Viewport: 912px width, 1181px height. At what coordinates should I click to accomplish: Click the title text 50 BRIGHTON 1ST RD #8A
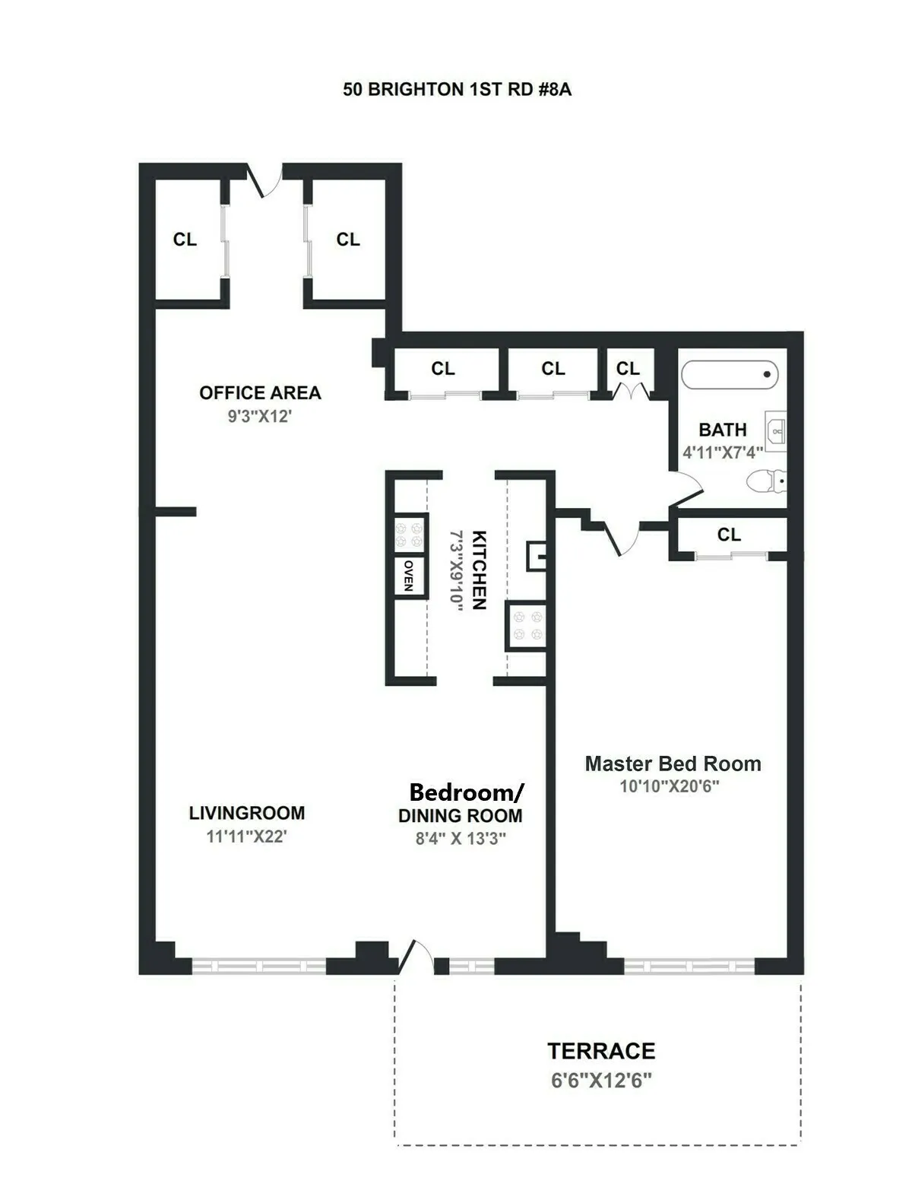coord(457,90)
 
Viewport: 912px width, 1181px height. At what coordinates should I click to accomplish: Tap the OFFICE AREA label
coord(260,393)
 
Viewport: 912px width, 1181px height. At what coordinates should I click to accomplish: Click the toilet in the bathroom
coord(766,481)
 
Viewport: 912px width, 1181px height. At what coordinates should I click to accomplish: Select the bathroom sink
coord(775,432)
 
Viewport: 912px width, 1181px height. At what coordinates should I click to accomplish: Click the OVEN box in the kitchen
coord(409,576)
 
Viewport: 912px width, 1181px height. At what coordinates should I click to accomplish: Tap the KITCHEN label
coord(479,570)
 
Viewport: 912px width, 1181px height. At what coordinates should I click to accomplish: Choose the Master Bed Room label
coord(673,764)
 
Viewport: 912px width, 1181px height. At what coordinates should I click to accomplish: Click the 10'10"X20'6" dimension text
coord(669,786)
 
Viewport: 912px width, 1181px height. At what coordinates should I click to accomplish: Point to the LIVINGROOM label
coord(247,813)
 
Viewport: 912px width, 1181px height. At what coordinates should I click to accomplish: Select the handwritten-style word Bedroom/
coord(466,792)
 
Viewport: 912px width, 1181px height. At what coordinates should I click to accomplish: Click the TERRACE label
coord(601,1051)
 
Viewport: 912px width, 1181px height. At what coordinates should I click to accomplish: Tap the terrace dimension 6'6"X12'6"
coord(601,1081)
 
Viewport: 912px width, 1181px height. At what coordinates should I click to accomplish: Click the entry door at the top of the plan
coord(266,179)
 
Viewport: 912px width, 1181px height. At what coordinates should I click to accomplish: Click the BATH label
coord(723,430)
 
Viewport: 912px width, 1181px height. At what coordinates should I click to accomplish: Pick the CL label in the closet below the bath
coord(729,535)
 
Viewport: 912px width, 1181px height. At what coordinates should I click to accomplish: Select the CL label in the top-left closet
coord(185,240)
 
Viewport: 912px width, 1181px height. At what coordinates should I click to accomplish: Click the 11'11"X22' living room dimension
coord(246,837)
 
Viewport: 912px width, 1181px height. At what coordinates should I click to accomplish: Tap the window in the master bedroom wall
coord(689,967)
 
